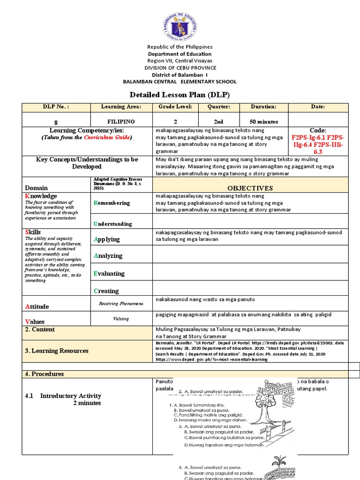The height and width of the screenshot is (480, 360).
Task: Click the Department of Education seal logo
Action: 180,23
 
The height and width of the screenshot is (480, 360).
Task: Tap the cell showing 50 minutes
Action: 264,122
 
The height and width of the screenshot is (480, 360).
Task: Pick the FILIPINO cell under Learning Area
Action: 121,122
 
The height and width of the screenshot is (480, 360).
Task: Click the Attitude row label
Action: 37,307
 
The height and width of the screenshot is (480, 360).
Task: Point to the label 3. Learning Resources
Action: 56,351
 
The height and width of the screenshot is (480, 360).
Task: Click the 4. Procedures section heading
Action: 44,374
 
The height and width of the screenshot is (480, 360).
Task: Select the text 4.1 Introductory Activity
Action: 63,396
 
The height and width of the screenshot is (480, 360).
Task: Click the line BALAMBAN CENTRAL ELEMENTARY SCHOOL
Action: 180,82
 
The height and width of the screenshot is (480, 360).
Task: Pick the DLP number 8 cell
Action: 56,122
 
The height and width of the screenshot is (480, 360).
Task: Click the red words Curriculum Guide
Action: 108,137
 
